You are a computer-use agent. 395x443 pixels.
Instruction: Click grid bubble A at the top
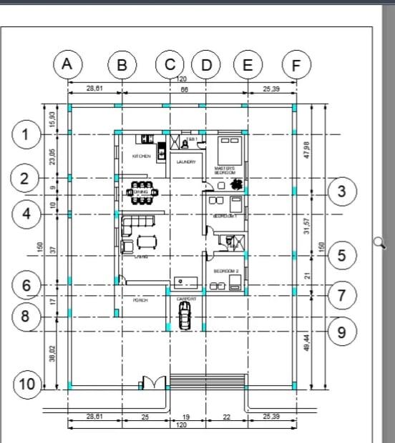[67, 64]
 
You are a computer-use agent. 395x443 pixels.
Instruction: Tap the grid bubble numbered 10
[26, 384]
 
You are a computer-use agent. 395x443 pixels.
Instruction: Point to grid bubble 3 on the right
[341, 191]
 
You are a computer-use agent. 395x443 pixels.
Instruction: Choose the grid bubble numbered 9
[341, 332]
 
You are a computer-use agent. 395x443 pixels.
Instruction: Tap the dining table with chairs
[140, 193]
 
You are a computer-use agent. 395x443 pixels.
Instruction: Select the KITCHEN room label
[141, 156]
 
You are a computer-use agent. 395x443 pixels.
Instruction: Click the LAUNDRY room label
[186, 162]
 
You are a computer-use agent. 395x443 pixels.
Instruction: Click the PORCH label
[140, 301]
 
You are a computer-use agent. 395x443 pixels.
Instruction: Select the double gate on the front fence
[152, 383]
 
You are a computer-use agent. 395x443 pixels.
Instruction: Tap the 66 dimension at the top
[184, 89]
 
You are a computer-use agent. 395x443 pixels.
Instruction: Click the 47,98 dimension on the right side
[307, 150]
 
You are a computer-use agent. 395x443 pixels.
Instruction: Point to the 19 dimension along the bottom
[185, 417]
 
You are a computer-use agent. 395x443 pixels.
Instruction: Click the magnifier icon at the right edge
[379, 243]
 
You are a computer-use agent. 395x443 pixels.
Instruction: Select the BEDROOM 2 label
[226, 271]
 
